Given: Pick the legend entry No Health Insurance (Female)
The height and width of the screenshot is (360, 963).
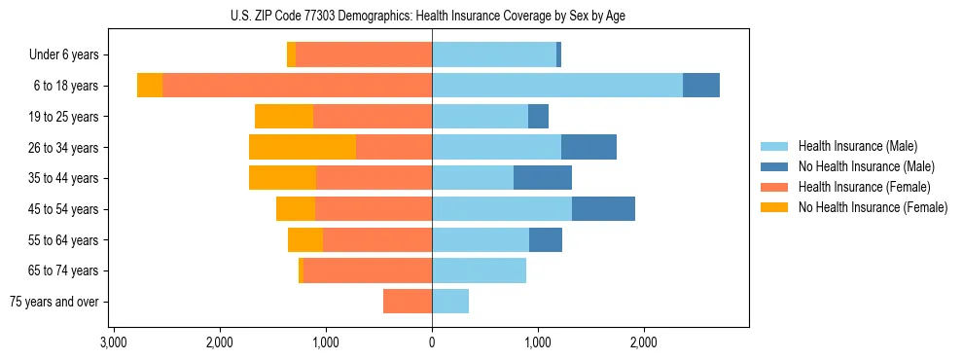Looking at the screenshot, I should point(873,207).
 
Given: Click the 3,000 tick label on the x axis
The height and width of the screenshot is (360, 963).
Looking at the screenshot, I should point(113,342).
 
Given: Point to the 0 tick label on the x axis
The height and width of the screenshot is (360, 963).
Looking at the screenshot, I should point(432,342).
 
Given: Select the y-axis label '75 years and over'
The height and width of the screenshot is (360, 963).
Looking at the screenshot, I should point(54,302).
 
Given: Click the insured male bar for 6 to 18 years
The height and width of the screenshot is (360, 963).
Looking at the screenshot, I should point(557,86).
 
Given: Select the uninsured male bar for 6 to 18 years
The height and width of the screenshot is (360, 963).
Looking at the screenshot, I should point(701,86).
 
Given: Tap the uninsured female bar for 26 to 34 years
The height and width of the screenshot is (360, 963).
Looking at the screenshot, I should point(303,147).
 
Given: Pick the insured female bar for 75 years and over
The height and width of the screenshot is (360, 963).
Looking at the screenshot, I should point(408,302).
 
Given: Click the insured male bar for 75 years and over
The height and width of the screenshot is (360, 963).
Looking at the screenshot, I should point(450,302).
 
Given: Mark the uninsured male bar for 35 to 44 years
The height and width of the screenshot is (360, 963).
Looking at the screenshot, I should point(543,178).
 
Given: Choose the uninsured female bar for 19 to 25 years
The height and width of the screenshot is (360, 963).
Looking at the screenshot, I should point(284,117).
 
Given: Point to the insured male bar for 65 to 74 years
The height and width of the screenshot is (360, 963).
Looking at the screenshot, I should point(479,270).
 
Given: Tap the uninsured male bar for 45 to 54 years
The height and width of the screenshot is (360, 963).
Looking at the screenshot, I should point(603,209).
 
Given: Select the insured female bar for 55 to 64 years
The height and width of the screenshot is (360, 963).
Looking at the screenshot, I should point(377,240).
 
